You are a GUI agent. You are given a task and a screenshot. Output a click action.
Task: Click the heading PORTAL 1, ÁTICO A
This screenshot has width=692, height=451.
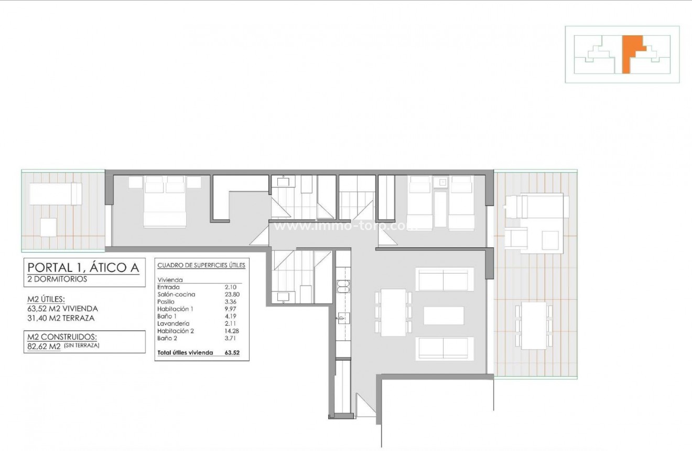(84, 268)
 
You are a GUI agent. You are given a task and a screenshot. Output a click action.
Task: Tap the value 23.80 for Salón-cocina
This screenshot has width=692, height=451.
(231, 295)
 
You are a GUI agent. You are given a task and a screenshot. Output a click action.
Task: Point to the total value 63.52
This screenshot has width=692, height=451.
(232, 353)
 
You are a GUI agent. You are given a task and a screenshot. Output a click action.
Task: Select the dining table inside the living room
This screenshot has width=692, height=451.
(393, 312)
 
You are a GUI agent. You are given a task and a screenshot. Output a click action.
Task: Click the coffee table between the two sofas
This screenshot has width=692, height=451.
(444, 316)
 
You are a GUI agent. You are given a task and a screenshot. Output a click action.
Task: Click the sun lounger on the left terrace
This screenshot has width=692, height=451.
(55, 193)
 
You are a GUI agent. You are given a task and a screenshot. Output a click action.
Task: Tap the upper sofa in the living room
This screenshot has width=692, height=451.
(445, 279)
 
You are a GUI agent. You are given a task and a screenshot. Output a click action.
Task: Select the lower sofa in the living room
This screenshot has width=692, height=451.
(445, 348)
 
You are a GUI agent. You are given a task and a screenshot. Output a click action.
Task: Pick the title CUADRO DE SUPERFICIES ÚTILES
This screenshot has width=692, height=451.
(201, 266)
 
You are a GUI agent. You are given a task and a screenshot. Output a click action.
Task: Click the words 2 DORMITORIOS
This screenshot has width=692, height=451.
(57, 279)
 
